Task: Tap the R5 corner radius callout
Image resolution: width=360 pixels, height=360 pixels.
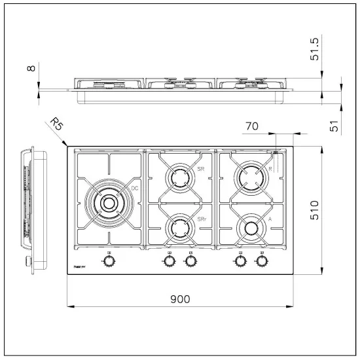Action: coord(57,124)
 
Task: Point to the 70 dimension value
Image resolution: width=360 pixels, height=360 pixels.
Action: coord(252,125)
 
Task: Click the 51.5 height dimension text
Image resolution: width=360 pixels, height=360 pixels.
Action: coord(333,49)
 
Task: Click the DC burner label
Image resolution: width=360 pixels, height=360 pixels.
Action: coord(134,189)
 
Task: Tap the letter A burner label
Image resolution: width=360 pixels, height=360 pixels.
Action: coord(270,219)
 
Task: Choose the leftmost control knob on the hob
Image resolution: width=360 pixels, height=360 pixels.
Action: coord(108,261)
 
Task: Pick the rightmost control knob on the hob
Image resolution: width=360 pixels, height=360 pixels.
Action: coord(262,261)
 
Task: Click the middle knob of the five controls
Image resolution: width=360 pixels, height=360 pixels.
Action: coord(190,261)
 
